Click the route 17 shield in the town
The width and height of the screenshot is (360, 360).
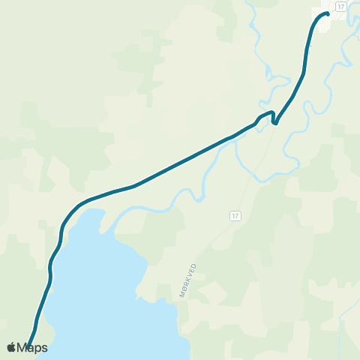point(340,6)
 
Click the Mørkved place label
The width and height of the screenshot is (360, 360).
point(188,282)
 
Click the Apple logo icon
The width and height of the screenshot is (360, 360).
point(11,347)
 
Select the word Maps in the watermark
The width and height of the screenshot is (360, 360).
point(32,348)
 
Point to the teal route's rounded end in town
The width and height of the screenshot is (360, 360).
point(328,13)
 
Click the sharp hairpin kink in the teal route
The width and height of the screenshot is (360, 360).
point(274,121)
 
